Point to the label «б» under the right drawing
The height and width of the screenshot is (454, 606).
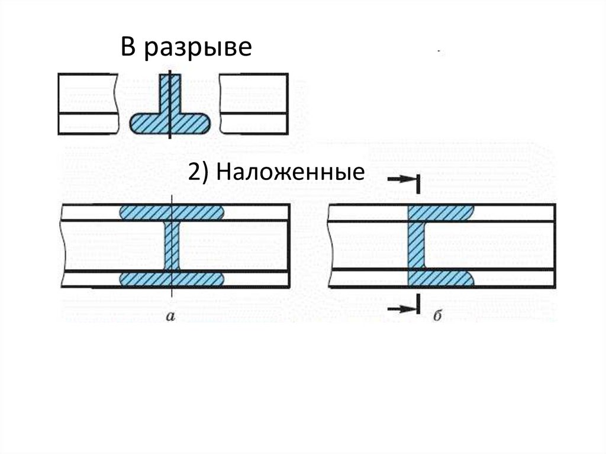point(438,317)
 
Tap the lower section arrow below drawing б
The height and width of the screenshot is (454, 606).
point(402,307)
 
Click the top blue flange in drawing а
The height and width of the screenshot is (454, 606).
point(172,212)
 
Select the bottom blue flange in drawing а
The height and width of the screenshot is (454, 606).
point(172,279)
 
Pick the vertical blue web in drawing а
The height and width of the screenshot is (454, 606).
point(172,246)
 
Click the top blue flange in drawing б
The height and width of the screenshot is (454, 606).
point(441,212)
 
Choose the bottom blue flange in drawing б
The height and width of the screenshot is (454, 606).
point(441,279)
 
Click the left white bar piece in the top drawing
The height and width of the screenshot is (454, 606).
point(86,104)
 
